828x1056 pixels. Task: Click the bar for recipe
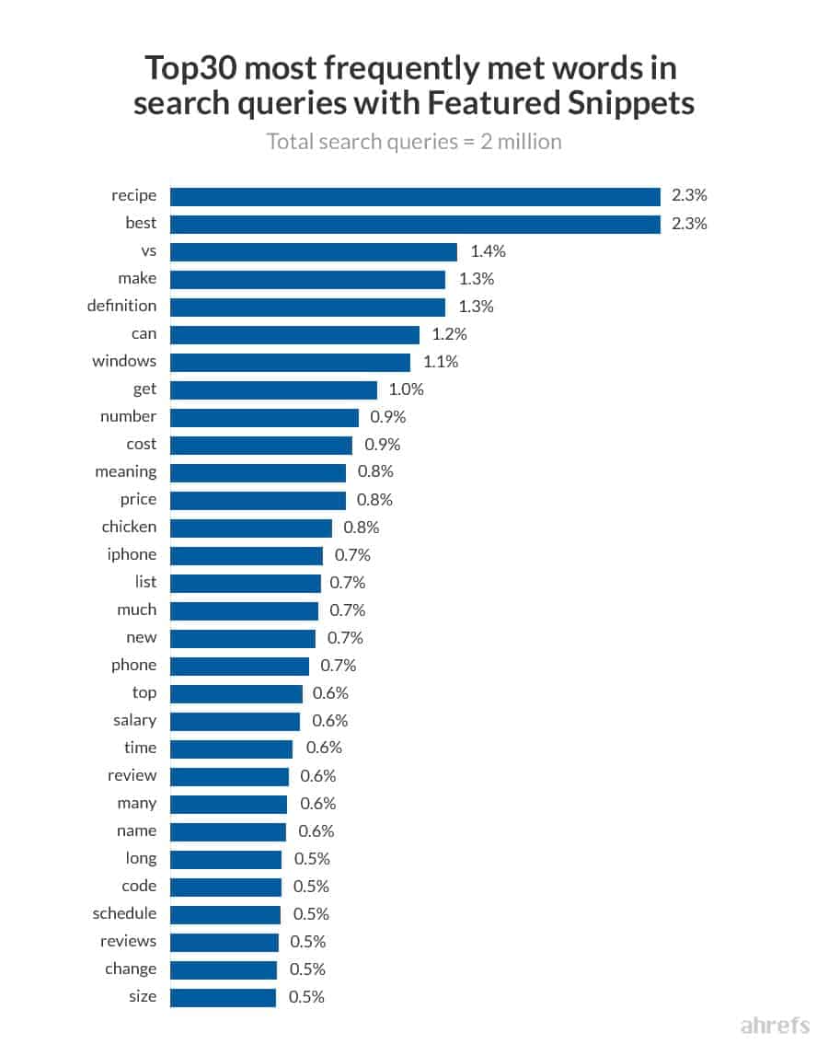(x=415, y=196)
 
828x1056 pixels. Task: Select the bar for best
(x=415, y=224)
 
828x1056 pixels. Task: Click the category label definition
(x=121, y=306)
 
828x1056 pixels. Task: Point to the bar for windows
(x=290, y=362)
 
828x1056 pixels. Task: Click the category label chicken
(x=129, y=527)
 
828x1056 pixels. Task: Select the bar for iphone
(x=247, y=555)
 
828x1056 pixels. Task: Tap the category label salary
(x=134, y=720)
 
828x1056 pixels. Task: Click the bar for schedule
(x=225, y=914)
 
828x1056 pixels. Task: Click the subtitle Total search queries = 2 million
(x=414, y=142)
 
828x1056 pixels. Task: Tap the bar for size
(x=223, y=997)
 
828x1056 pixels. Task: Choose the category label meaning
(x=125, y=472)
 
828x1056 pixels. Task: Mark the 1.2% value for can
(x=450, y=334)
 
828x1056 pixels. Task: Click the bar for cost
(x=261, y=445)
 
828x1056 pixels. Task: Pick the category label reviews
(x=128, y=941)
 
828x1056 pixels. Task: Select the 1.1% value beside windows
(x=441, y=362)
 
